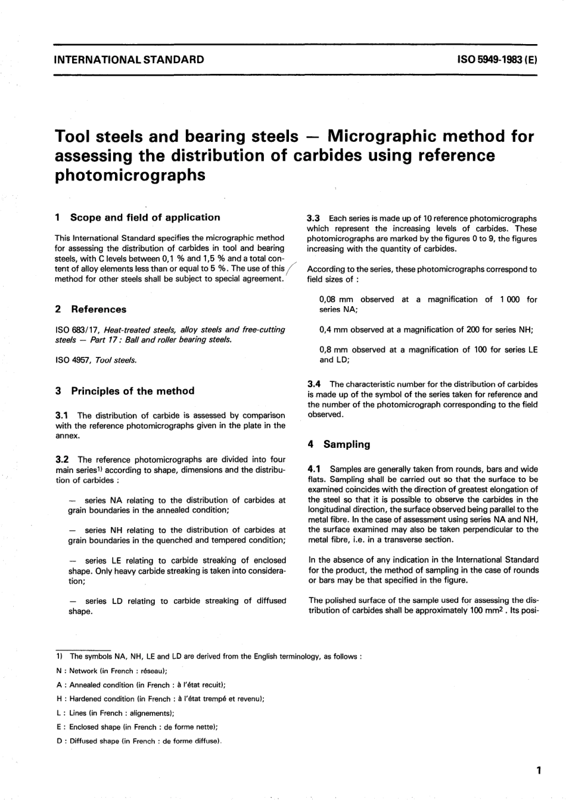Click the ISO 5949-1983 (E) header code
pyautogui.click(x=497, y=60)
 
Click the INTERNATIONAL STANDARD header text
pyautogui.click(x=129, y=60)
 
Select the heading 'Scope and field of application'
pyautogui.click(x=145, y=217)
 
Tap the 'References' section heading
pyautogui.click(x=98, y=309)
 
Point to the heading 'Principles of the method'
pyautogui.click(x=132, y=391)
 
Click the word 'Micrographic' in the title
pyautogui.click(x=399, y=136)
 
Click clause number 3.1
pyautogui.click(x=61, y=416)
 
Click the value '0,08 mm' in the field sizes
pyautogui.click(x=337, y=300)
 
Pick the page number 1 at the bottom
pyautogui.click(x=538, y=771)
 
